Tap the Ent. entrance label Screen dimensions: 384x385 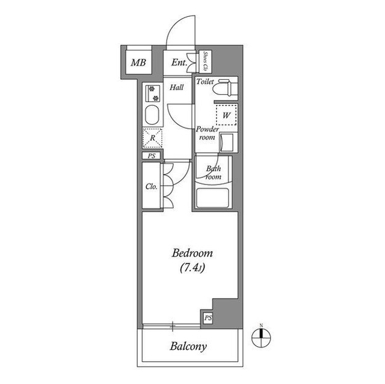(x=178, y=62)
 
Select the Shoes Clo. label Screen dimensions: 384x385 (x=205, y=61)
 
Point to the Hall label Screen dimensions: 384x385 (x=177, y=87)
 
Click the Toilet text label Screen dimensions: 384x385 (x=205, y=81)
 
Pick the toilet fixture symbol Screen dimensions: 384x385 (x=227, y=88)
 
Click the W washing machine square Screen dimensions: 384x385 (x=227, y=114)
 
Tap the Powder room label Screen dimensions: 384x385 (x=206, y=133)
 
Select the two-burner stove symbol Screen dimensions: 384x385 (x=152, y=93)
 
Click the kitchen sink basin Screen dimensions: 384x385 (x=152, y=115)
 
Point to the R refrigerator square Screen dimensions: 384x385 (x=152, y=138)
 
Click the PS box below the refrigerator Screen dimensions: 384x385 (x=151, y=156)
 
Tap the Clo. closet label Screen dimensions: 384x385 (x=152, y=186)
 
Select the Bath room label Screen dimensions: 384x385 (x=214, y=173)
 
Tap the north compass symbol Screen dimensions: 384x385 (x=262, y=337)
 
